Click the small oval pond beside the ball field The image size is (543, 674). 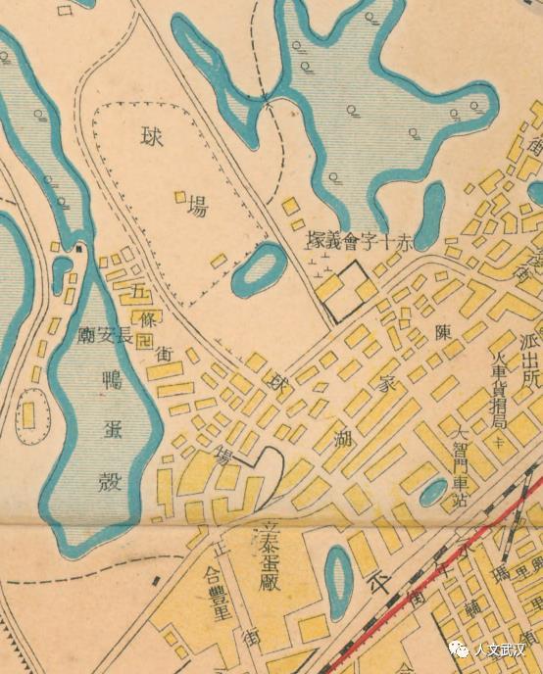click(257, 269)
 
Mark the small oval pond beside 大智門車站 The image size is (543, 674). click(431, 492)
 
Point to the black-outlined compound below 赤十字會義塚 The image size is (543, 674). click(345, 290)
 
